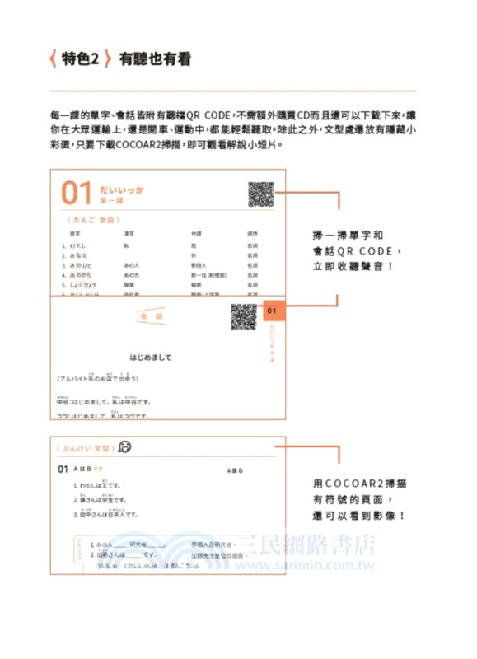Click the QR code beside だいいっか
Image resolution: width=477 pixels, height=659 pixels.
click(x=260, y=194)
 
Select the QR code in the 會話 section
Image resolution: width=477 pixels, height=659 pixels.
click(x=243, y=317)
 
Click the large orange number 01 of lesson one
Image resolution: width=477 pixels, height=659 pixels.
click(x=76, y=194)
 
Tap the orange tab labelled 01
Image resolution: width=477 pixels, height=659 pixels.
click(x=272, y=312)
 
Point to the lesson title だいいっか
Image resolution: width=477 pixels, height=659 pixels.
click(x=121, y=189)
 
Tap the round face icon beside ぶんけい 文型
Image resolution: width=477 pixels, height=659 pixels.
click(x=124, y=448)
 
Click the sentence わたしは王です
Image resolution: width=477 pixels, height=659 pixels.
click(x=98, y=486)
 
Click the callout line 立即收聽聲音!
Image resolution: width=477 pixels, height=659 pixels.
click(x=353, y=267)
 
